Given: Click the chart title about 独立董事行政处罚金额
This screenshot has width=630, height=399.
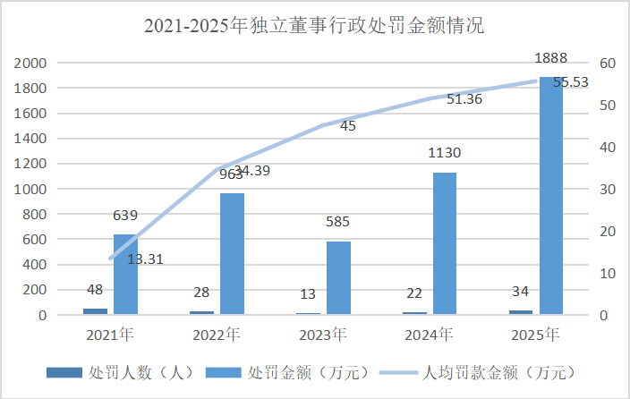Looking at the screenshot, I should pos(314,25).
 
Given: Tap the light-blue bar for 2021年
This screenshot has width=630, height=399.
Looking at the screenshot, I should pos(126,274).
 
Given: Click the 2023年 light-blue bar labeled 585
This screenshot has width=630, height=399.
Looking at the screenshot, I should pos(338,277).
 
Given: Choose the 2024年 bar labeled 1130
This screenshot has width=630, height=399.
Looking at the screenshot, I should pos(445,242).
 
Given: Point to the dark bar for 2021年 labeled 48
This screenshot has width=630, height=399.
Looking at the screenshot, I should pos(95,310).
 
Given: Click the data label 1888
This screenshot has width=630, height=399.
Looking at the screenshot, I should pos(550,58).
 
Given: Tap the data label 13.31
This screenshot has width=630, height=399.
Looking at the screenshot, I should pos(146,259).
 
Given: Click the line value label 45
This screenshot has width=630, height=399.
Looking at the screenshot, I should pos(348,126).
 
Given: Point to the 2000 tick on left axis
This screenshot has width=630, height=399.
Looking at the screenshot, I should pos(31,64).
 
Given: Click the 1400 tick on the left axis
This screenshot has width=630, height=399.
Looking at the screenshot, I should pos(31,139).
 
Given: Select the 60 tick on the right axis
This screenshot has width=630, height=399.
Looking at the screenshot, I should pos(606,64).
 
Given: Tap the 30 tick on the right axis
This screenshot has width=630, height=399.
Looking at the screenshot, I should pos(606,190).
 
